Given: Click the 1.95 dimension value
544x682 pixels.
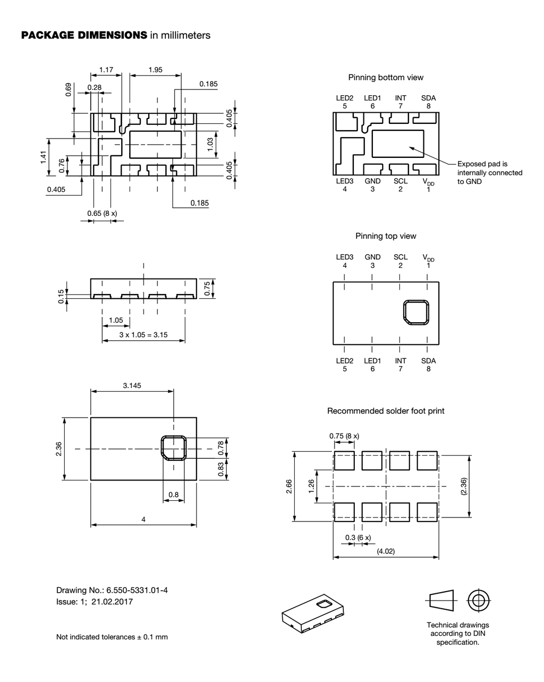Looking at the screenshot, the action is coord(155,70).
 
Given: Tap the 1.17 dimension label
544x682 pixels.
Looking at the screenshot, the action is coord(106,70).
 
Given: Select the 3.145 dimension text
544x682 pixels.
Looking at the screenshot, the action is coord(132,386).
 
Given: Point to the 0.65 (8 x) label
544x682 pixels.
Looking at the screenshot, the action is coord(102,213).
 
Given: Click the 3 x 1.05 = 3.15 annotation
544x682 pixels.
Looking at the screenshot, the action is coord(143,335).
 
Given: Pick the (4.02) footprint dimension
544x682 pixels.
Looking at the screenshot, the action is coord(386,551).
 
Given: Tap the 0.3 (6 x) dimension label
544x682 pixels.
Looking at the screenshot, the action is coord(358,537).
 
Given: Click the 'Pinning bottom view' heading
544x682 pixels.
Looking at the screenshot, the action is coord(386,77).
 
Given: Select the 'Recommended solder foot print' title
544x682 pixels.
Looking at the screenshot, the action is coord(386,411).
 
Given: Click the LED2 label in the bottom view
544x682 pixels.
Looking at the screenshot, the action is coord(345,98).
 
